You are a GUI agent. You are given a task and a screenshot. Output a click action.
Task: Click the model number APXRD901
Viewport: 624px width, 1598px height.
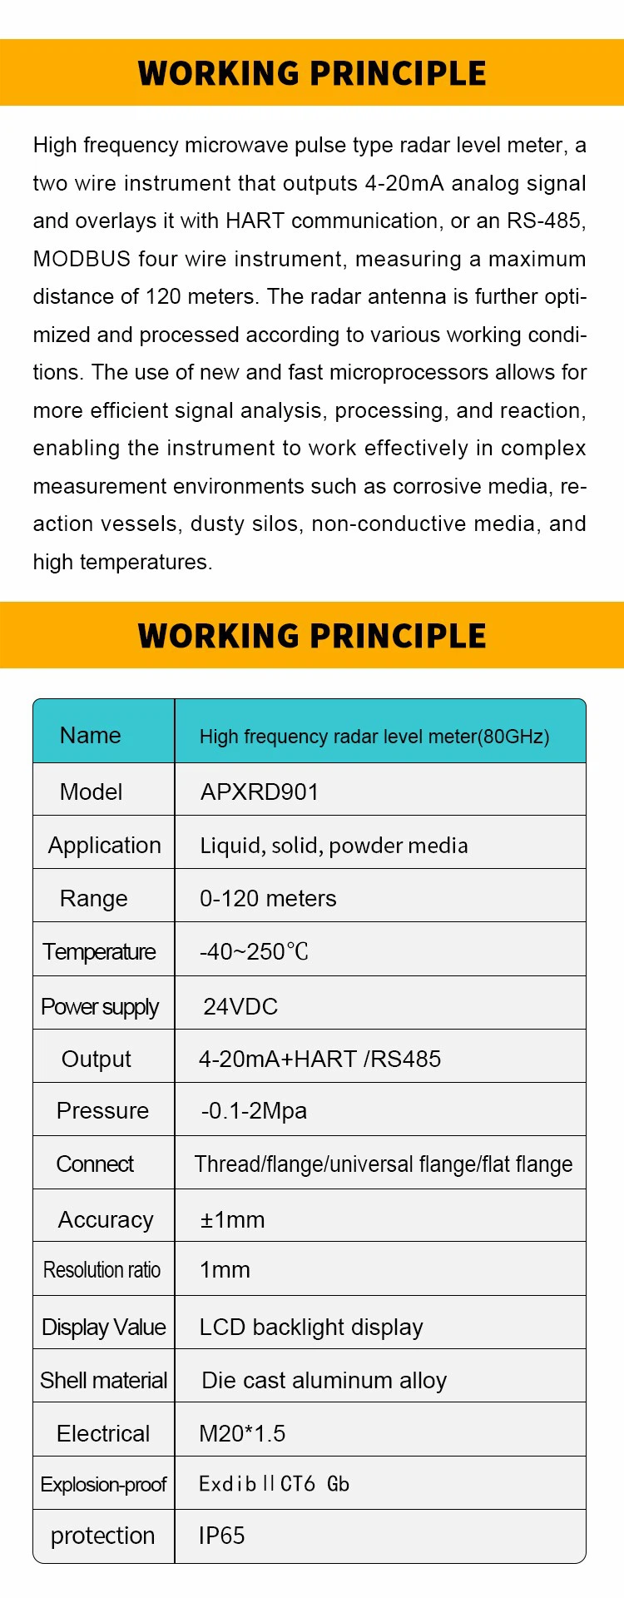[x=260, y=792]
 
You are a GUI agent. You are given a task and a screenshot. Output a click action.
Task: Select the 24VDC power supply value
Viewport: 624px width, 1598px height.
[x=240, y=1006]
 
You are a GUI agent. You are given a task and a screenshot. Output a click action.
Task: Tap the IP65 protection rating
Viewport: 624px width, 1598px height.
[x=222, y=1536]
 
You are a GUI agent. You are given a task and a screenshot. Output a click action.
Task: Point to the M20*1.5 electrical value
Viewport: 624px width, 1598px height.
[x=242, y=1433]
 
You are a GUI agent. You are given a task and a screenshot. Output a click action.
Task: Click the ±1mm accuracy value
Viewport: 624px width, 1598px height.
[x=232, y=1219]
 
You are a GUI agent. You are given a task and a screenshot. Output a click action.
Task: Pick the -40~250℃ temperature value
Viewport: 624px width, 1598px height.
[x=254, y=951]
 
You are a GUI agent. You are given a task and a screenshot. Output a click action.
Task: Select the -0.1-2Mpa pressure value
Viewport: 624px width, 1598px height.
[x=254, y=1110]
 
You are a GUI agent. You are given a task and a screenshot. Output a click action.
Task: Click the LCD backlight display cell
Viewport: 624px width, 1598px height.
[x=311, y=1327]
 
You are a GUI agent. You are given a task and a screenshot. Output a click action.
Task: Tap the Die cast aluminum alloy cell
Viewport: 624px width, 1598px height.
[x=324, y=1380]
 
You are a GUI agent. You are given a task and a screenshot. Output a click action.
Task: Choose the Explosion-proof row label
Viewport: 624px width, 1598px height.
[x=103, y=1484]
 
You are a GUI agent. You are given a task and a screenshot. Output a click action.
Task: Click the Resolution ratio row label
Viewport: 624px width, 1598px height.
[x=102, y=1270]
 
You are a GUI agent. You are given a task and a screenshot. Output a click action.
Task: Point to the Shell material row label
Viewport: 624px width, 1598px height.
[x=104, y=1380]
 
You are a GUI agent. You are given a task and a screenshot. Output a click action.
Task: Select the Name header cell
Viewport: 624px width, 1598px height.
[x=91, y=735]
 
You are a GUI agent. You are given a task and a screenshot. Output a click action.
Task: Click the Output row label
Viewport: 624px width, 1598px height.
[x=97, y=1059]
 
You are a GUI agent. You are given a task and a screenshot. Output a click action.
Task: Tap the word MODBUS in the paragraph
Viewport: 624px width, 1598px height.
[x=82, y=259]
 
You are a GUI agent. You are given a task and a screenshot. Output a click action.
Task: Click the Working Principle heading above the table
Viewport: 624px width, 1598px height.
[x=312, y=636]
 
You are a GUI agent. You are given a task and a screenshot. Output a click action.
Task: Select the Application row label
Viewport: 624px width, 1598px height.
[x=105, y=845]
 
